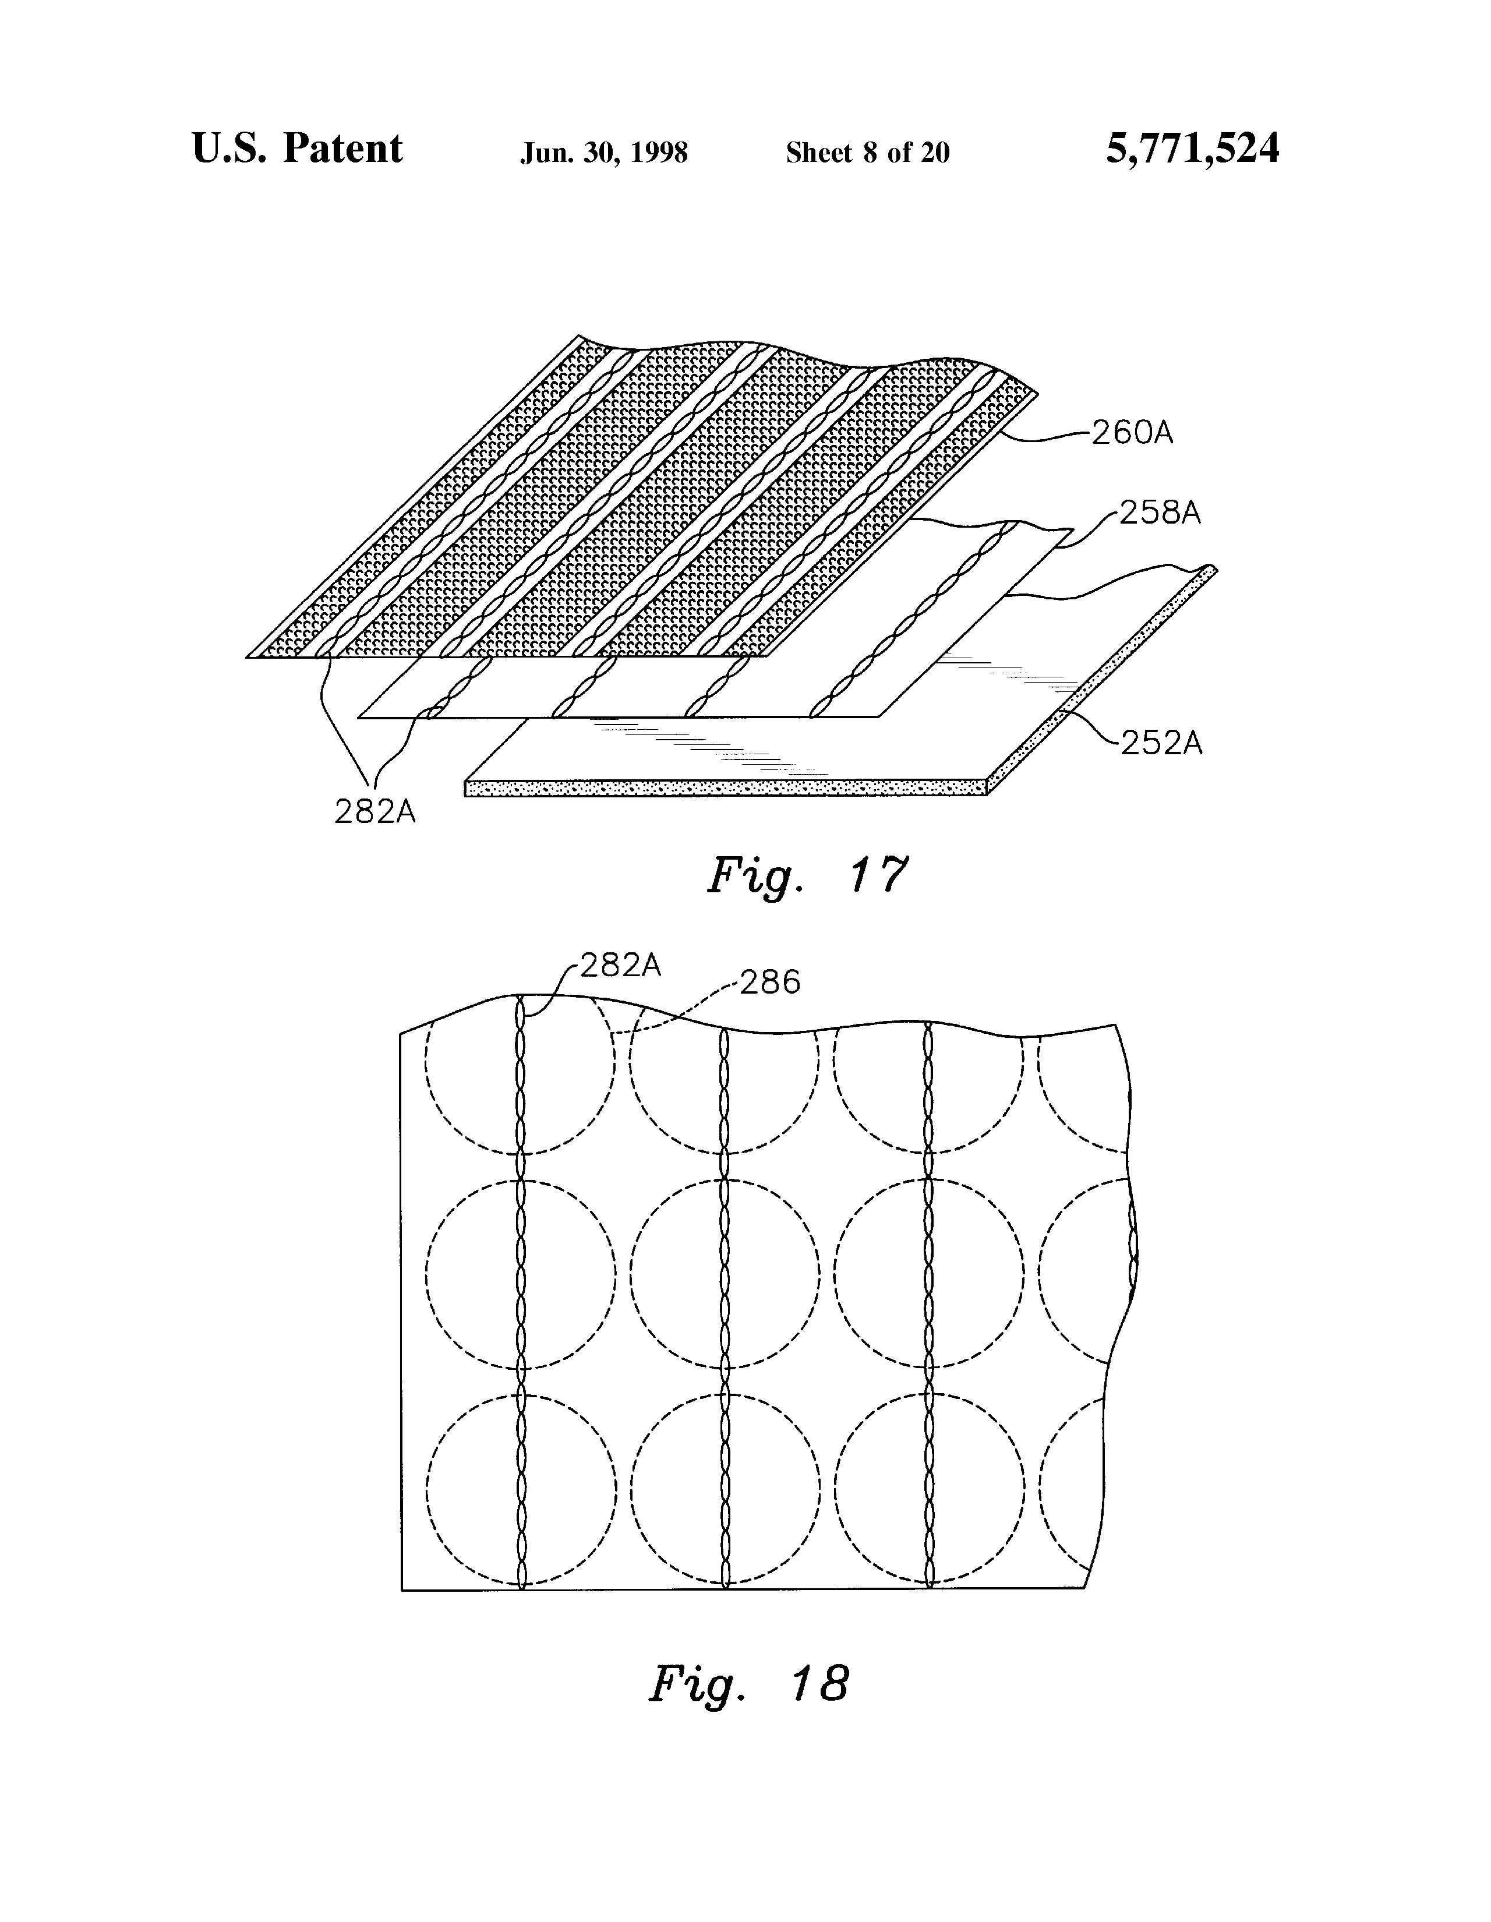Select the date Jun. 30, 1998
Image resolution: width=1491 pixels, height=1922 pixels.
click(x=604, y=153)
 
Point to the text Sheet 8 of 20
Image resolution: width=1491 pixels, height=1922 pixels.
click(x=867, y=153)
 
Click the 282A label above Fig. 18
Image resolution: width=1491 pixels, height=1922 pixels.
click(x=620, y=966)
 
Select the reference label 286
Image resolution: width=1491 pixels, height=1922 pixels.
click(x=770, y=982)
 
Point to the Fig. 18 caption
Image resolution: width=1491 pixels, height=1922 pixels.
click(x=749, y=1684)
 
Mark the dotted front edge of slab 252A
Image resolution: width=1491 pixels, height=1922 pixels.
click(x=726, y=787)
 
